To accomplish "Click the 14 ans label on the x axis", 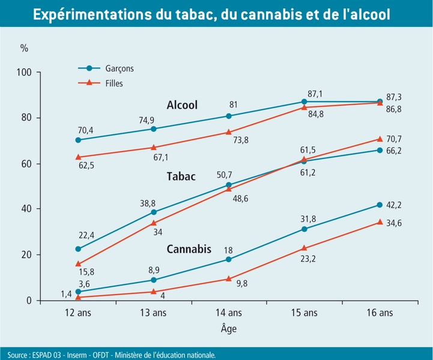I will point(228,313).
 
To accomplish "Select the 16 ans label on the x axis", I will point(380,313).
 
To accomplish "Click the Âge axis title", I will point(228,329).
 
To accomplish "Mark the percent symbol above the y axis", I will point(24,47).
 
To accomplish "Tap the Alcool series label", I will point(183,105).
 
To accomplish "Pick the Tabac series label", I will point(180,176).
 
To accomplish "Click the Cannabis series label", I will point(189,248).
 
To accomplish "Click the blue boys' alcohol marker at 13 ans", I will point(154,129).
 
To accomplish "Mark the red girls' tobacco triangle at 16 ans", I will point(380,139).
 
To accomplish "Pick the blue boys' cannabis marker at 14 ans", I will point(229,259).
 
